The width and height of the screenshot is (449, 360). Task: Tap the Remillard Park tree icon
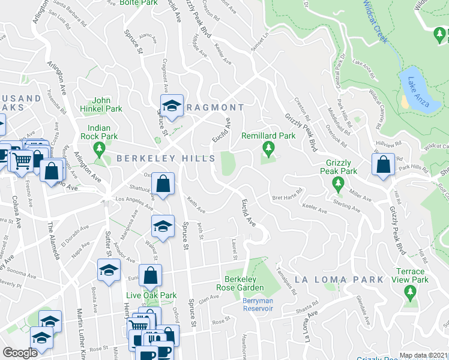click(268, 148)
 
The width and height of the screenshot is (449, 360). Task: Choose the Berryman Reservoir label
click(258, 308)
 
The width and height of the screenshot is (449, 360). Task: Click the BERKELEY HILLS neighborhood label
click(166, 158)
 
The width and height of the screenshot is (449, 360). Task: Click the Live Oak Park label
click(151, 295)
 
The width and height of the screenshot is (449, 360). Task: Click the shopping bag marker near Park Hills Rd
click(383, 166)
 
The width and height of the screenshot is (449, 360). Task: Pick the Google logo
click(20, 353)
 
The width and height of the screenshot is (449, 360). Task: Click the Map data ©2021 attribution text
click(423, 355)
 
